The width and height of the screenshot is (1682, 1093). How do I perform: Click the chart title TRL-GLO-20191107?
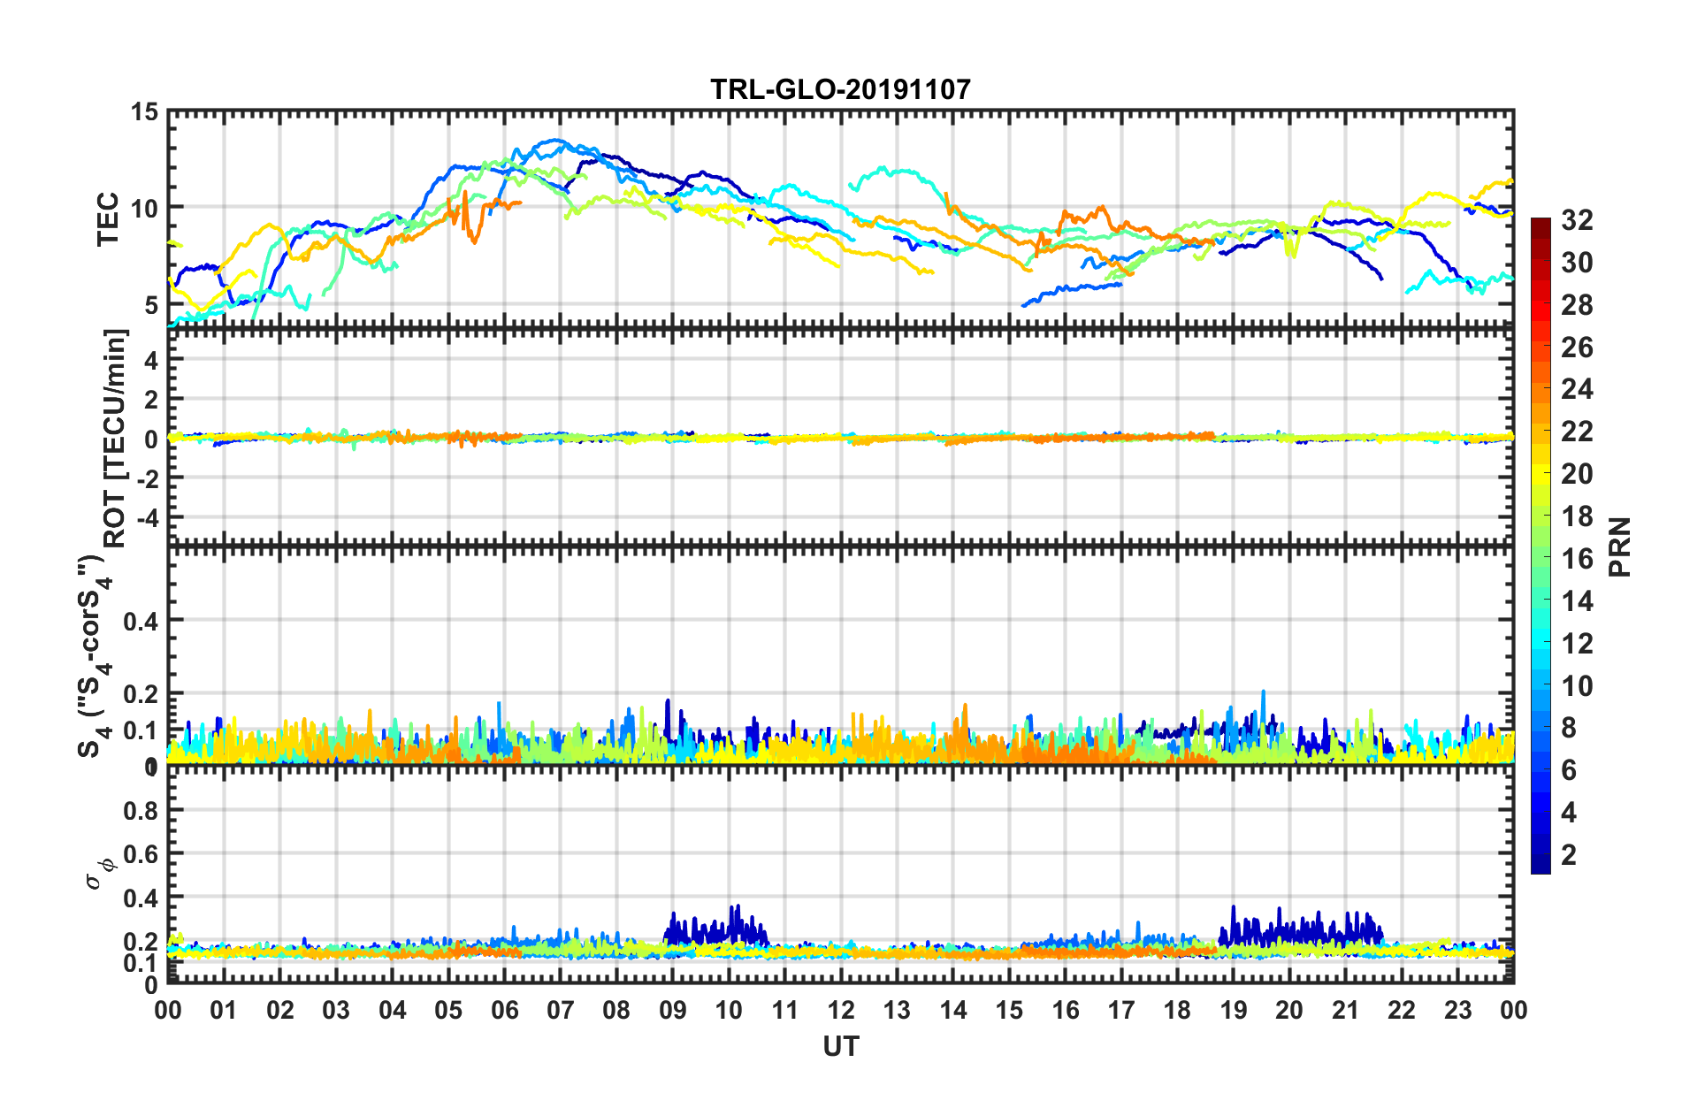[x=840, y=89]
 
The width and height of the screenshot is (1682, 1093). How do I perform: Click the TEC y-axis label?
[x=108, y=218]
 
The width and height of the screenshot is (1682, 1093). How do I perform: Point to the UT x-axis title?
[x=840, y=1047]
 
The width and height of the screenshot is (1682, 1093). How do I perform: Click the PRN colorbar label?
[x=1620, y=547]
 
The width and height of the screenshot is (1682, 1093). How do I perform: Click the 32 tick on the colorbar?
[x=1577, y=220]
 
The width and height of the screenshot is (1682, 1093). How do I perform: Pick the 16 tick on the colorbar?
[x=1577, y=559]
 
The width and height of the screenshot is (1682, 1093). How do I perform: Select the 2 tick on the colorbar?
[x=1569, y=855]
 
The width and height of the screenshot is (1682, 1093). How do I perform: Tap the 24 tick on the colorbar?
[x=1577, y=389]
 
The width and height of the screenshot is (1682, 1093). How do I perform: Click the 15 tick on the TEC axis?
[x=144, y=112]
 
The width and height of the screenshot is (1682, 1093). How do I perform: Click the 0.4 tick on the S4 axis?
[x=141, y=621]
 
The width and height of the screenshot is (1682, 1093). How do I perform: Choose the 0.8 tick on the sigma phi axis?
[x=141, y=810]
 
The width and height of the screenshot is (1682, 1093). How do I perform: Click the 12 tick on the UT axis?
[x=841, y=1011]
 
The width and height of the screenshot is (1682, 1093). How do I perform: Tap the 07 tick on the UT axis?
[x=561, y=1011]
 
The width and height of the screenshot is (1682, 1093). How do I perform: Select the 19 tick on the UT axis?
[x=1234, y=1011]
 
